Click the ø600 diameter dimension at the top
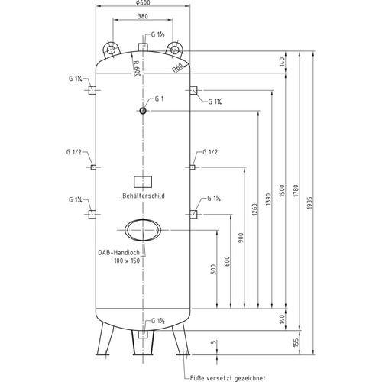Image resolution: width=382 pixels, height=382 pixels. coord(143,3)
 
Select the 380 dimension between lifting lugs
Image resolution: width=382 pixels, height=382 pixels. coord(143,16)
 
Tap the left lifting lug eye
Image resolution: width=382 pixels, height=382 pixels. coord(111,50)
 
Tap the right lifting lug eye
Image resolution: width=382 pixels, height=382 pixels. coord(174,50)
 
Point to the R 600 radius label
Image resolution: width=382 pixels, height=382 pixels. coord(137,68)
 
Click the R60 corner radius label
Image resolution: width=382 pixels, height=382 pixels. coord(177,68)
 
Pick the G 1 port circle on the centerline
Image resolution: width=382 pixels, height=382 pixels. coord(143,111)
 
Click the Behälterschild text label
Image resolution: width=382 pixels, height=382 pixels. coord(144,196)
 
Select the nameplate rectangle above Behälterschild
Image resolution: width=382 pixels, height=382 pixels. coord(143,182)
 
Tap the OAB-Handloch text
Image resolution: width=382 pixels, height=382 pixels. coord(119,253)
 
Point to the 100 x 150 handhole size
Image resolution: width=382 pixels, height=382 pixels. coord(127,261)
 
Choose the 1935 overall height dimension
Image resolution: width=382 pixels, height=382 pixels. coord(309,203)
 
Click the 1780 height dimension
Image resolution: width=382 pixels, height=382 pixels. coord(296,191)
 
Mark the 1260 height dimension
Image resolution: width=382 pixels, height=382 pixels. coord(254,209)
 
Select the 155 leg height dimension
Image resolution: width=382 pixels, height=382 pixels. coord(296,342)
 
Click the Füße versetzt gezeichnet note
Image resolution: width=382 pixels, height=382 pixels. coord(228,378)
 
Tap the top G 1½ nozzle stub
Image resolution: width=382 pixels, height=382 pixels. coord(143,47)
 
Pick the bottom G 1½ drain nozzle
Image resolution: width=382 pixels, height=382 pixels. coord(143,335)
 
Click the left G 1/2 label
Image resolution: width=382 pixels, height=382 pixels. coord(74,152)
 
